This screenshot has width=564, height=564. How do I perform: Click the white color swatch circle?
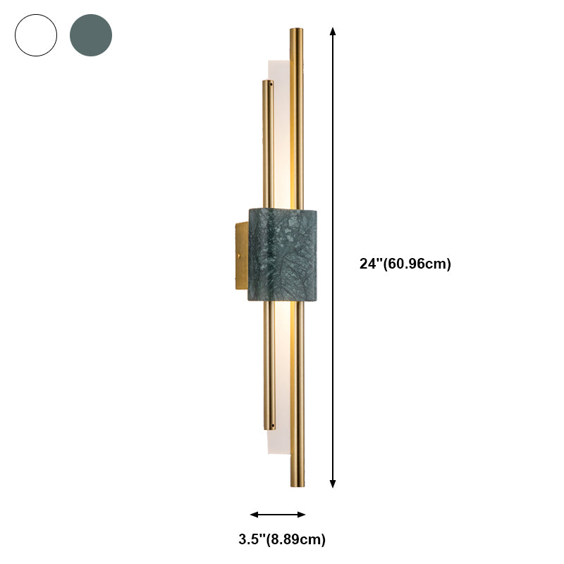point(35,35)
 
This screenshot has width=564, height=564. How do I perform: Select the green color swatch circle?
point(91,35)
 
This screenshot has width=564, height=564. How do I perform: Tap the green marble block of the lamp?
point(282,254)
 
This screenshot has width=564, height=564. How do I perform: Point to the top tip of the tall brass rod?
point(297,30)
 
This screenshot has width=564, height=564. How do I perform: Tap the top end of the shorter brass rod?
point(268,82)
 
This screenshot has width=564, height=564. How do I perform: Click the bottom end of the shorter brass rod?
point(269,427)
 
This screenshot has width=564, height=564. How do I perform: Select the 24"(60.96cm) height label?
point(405,264)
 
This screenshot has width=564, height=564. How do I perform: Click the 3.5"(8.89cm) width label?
point(282,540)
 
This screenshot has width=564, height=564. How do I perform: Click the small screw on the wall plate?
point(238,256)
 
